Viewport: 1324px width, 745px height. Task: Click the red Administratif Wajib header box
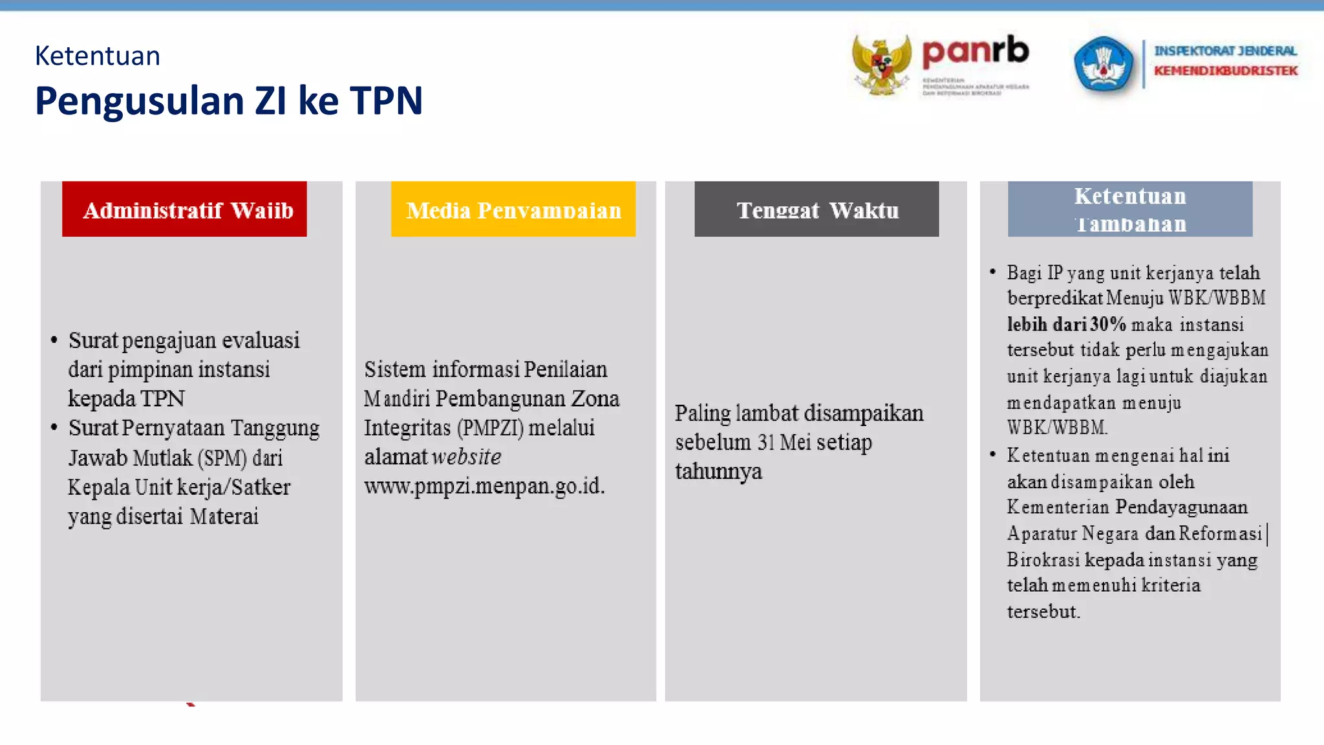pos(184,209)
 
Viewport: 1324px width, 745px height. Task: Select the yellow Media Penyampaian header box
pos(513,209)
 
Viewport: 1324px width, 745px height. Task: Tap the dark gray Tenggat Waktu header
pos(817,209)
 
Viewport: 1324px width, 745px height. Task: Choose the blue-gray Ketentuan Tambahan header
pos(1129,209)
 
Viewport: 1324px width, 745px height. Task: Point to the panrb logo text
pos(975,52)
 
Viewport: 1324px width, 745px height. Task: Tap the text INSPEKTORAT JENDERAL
pos(1225,50)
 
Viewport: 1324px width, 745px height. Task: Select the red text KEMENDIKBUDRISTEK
pos(1225,70)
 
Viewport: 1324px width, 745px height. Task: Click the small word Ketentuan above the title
pos(97,56)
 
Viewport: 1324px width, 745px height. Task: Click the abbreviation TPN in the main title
pos(386,101)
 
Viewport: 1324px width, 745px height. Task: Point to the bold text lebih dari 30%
pos(1066,324)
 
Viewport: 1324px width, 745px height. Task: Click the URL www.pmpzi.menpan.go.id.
pos(484,486)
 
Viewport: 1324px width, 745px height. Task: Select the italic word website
pos(467,457)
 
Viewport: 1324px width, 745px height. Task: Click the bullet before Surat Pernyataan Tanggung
pos(54,427)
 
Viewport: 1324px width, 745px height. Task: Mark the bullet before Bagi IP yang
pos(992,272)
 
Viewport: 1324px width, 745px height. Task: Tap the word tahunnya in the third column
pos(718,471)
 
